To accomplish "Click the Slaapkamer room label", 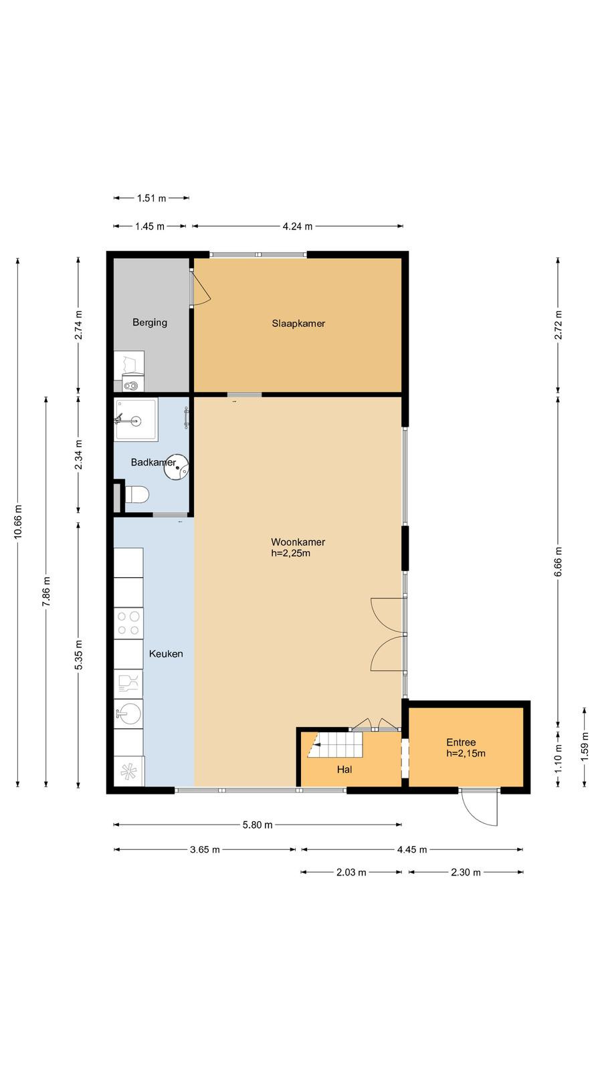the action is point(298,324).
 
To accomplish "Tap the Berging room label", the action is point(150,322).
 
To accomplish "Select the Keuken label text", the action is point(166,654).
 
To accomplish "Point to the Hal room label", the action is point(344,770).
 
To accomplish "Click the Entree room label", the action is point(461,742).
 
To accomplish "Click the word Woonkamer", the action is point(298,542).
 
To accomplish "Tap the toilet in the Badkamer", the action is point(136,494).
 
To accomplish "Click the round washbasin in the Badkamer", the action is point(177,467).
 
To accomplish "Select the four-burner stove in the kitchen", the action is point(128,623).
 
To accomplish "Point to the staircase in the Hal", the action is point(335,745).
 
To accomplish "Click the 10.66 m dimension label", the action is point(18,522).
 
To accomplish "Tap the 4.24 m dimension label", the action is point(298,227).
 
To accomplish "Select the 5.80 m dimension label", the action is point(258,825).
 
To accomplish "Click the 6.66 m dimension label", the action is point(558,562).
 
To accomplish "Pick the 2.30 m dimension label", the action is point(466,872).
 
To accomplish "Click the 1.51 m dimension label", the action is point(151,198).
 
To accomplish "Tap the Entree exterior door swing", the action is point(479,809).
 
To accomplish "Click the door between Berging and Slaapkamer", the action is point(200,288).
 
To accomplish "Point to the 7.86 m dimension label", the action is point(46,592).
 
